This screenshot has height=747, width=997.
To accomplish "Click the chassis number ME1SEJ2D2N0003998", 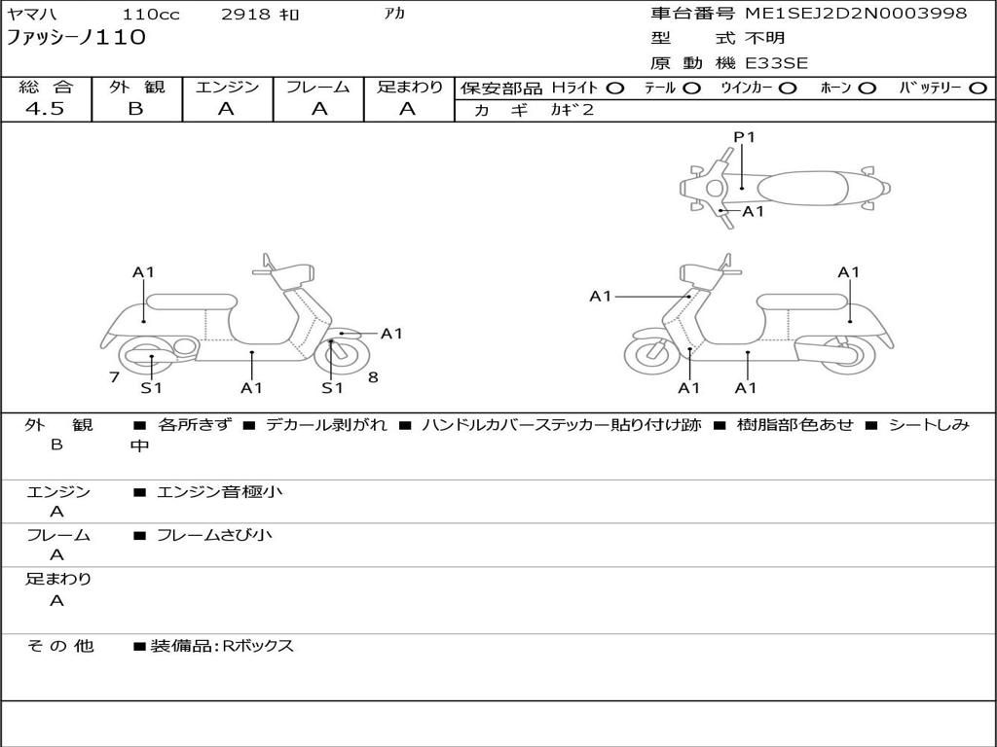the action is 856,14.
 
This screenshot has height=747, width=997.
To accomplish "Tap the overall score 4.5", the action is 45,109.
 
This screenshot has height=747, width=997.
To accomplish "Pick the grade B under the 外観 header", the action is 136,109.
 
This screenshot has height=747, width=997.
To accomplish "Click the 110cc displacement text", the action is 151,14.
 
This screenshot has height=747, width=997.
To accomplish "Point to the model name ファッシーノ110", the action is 76,37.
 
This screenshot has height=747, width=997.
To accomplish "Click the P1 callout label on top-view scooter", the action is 744,136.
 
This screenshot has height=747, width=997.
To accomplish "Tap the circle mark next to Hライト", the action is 615,89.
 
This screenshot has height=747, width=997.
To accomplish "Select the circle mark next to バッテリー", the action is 979,89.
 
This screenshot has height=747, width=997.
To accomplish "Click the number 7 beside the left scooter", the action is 115,377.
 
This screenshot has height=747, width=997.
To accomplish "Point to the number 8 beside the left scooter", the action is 373,377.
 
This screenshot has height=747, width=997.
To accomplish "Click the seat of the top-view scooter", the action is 802,189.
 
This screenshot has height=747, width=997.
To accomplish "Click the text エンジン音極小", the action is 219,491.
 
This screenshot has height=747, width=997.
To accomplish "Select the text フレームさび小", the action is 214,536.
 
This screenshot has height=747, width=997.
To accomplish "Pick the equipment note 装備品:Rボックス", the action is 222,647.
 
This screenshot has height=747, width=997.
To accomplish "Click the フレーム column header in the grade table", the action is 318,87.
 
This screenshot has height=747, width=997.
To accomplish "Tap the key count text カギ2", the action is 572,110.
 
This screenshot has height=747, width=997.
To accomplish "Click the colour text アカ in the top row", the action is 395,14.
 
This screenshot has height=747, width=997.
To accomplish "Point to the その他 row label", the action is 60,646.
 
